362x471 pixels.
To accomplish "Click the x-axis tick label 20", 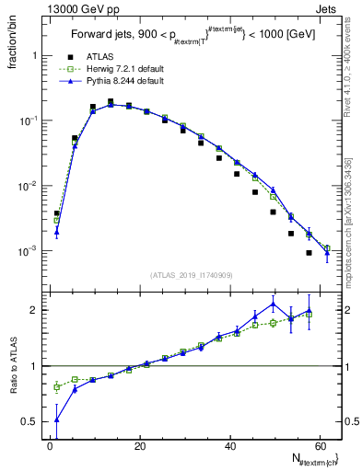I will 140,445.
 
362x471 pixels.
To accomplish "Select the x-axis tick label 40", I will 230,445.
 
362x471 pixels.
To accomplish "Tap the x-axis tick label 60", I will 321,445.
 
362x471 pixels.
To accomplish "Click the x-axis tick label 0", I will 50,445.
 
